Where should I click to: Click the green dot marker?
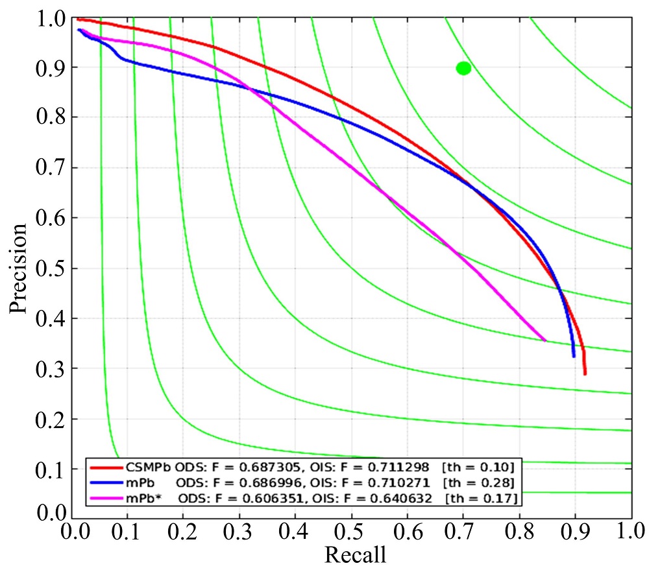pyautogui.click(x=463, y=68)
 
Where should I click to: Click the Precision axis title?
pyautogui.click(x=19, y=268)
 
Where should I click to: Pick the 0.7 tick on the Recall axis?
pyautogui.click(x=463, y=534)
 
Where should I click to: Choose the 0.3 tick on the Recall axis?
pyautogui.click(x=239, y=534)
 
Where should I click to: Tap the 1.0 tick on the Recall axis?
pyautogui.click(x=630, y=534)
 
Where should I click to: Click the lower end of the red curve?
pyautogui.click(x=585, y=374)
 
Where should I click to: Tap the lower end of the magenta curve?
pyautogui.click(x=545, y=340)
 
